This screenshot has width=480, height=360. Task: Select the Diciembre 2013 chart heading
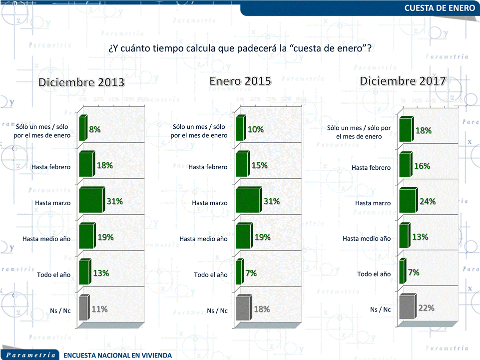point(82,82)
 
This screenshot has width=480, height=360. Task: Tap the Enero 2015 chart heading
point(240,81)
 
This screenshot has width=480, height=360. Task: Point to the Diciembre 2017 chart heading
point(403,81)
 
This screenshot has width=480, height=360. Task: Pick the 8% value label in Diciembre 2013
point(95,129)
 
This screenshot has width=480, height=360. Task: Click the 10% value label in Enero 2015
point(255,129)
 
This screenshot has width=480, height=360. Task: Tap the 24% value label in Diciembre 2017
point(428,202)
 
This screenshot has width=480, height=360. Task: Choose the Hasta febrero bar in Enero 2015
point(241,165)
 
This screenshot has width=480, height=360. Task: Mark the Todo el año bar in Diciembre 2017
point(402,272)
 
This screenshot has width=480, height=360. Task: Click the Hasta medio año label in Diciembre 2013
point(46,239)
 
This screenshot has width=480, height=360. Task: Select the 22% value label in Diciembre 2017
point(426,308)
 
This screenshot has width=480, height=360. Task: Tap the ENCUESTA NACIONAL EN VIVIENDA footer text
point(118,356)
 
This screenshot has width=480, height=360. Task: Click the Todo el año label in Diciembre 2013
point(54,275)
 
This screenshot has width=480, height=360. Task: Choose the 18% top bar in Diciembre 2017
point(406,130)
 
